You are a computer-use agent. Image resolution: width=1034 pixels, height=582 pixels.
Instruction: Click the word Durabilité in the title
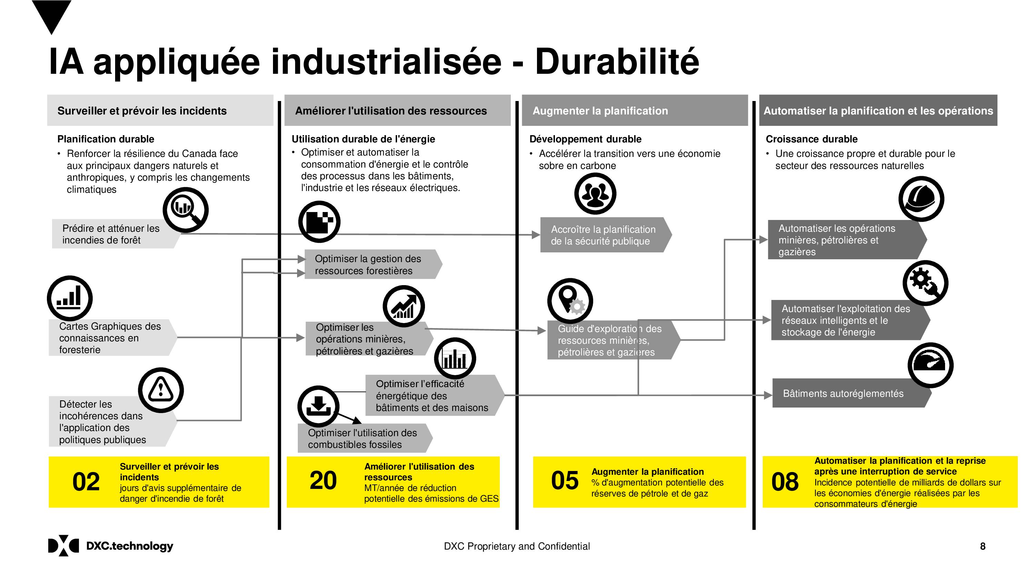click(617, 61)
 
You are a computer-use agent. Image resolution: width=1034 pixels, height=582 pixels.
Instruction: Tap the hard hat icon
click(921, 199)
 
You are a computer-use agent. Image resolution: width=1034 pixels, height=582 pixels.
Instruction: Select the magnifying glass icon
click(185, 210)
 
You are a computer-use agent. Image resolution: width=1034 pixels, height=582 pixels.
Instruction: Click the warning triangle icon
click(161, 390)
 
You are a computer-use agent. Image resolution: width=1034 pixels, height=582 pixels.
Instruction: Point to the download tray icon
click(318, 407)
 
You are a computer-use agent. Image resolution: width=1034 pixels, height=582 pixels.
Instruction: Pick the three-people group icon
click(595, 194)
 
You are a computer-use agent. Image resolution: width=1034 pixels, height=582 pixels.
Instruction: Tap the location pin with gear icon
click(570, 301)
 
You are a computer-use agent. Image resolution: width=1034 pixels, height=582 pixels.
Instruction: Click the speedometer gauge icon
click(931, 365)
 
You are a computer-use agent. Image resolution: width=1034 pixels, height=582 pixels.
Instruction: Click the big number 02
click(86, 482)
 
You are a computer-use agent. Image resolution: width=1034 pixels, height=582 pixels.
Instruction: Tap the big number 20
click(323, 480)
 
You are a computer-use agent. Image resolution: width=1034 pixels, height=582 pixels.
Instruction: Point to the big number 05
click(565, 480)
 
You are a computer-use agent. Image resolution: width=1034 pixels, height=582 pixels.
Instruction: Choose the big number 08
click(785, 482)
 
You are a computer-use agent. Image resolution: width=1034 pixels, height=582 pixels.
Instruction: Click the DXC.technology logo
click(111, 546)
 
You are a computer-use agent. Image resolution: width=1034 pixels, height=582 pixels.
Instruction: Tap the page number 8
click(983, 546)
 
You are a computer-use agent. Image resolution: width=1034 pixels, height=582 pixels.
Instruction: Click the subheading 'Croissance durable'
click(812, 139)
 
